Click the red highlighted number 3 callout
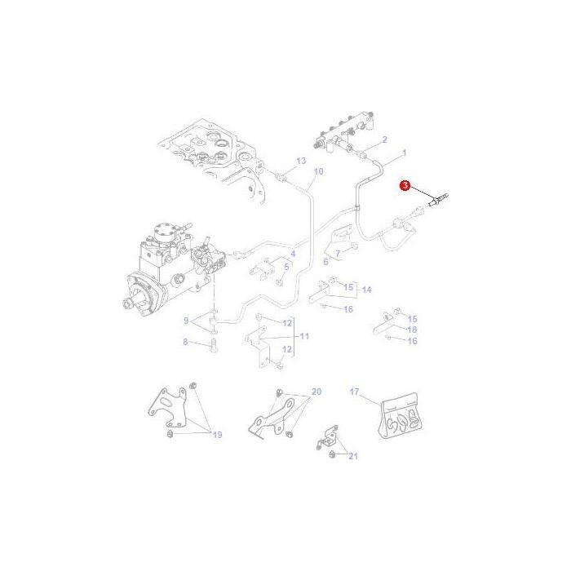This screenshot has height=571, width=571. [x=405, y=187]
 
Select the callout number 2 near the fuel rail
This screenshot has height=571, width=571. [x=384, y=139]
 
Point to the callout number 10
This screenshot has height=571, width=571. [x=318, y=171]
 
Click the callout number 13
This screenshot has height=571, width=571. [x=301, y=161]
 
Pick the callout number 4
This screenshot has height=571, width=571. [x=325, y=261]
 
